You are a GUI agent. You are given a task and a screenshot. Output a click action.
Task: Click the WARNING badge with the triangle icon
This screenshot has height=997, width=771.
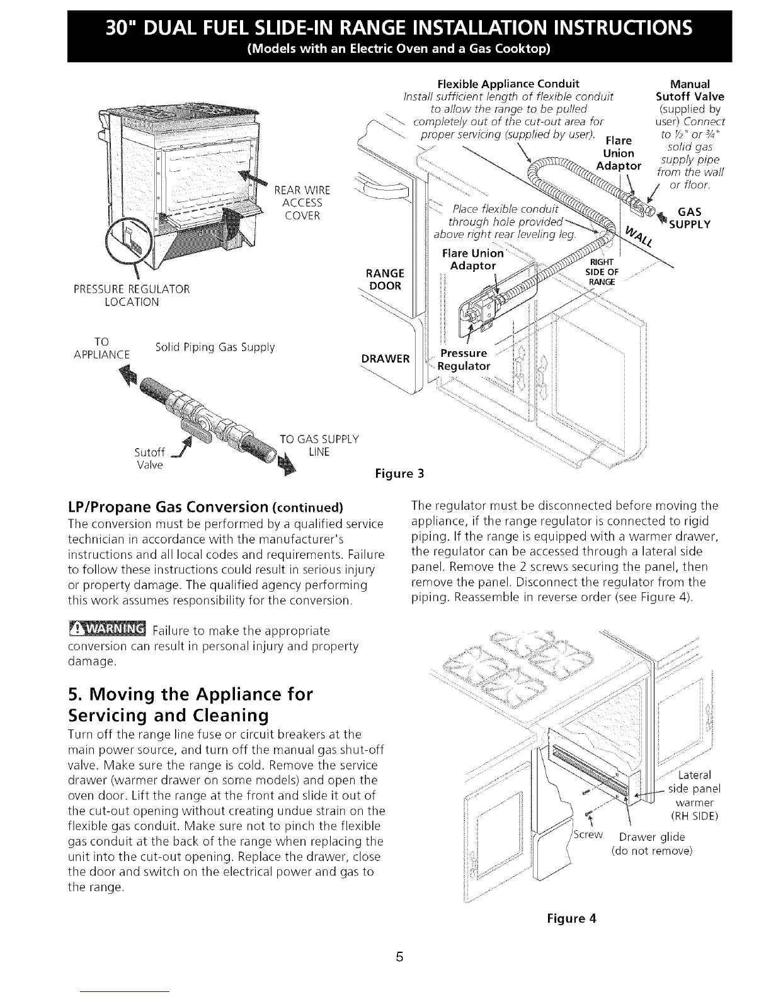click(x=106, y=629)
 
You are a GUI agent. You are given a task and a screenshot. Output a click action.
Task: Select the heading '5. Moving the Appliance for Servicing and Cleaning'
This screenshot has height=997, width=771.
click(x=190, y=705)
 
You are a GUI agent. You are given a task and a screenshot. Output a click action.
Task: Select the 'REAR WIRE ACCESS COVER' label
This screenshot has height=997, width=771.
click(x=302, y=203)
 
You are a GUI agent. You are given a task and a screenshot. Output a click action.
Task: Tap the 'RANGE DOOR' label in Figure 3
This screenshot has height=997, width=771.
click(x=384, y=279)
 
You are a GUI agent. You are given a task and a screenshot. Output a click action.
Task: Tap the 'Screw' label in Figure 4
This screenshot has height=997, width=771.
click(x=589, y=835)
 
